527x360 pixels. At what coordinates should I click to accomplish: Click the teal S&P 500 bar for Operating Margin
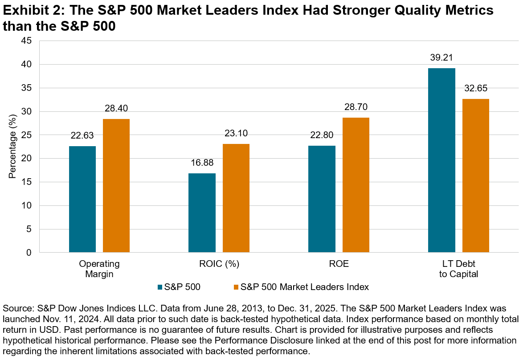tap(82, 199)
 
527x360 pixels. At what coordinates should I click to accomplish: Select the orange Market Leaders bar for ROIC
tap(236, 198)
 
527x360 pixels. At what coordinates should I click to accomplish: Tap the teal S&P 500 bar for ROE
tap(322, 199)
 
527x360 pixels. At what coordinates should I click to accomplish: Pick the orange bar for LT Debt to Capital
tap(476, 176)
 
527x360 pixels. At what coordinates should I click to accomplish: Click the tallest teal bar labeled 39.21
tap(441, 160)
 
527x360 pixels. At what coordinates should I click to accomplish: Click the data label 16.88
tap(202, 164)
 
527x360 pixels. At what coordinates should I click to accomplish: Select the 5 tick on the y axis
tap(29, 229)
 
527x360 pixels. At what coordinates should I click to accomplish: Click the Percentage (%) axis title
tap(12, 147)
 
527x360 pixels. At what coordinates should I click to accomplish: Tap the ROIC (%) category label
tap(219, 264)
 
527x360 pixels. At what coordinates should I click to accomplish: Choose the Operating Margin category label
tap(99, 269)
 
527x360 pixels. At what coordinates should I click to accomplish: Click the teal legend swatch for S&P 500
tap(160, 287)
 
